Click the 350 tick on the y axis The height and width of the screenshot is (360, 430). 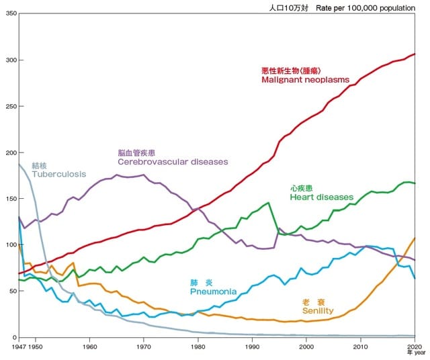click(9, 13)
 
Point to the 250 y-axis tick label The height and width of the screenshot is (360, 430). click(9, 106)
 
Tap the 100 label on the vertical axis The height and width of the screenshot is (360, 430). click(9, 244)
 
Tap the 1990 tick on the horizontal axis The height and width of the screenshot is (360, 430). click(253, 347)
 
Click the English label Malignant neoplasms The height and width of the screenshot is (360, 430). click(306, 80)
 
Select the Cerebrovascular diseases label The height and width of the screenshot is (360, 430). click(173, 162)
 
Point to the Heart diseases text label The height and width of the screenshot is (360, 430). click(321, 197)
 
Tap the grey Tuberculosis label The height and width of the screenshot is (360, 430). click(59, 174)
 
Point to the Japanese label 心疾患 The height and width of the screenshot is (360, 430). click(301, 188)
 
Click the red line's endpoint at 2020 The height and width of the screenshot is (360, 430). click(415, 54)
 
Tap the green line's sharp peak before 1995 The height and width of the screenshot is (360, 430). click(269, 203)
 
